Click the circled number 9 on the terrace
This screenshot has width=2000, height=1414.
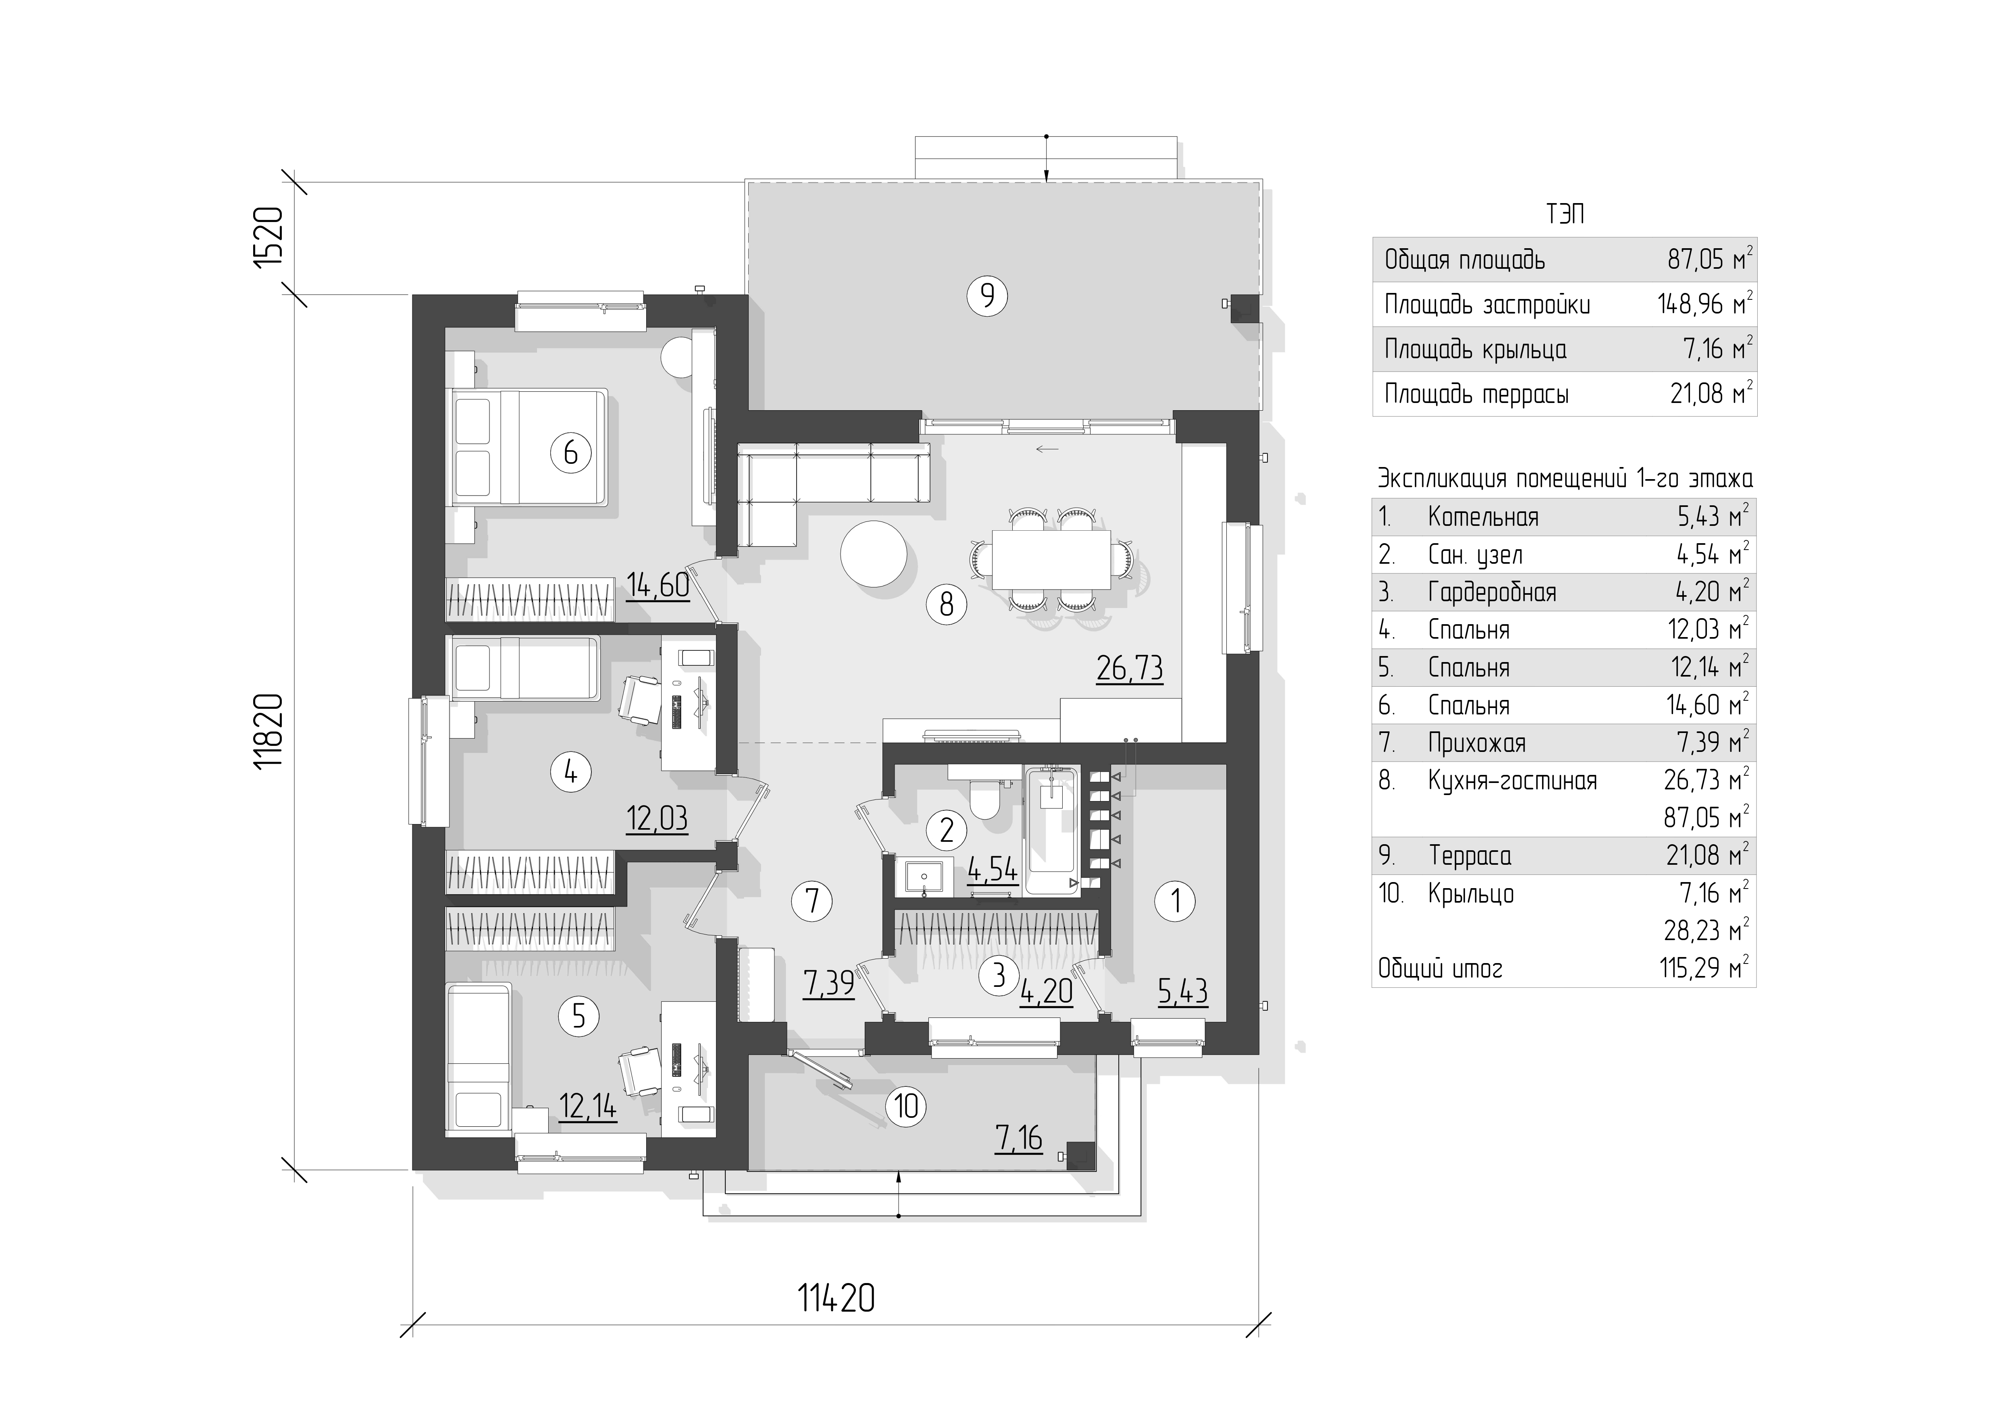point(987,296)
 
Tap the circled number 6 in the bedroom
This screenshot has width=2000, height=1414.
point(570,453)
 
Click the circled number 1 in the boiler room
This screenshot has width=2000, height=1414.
point(1176,901)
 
